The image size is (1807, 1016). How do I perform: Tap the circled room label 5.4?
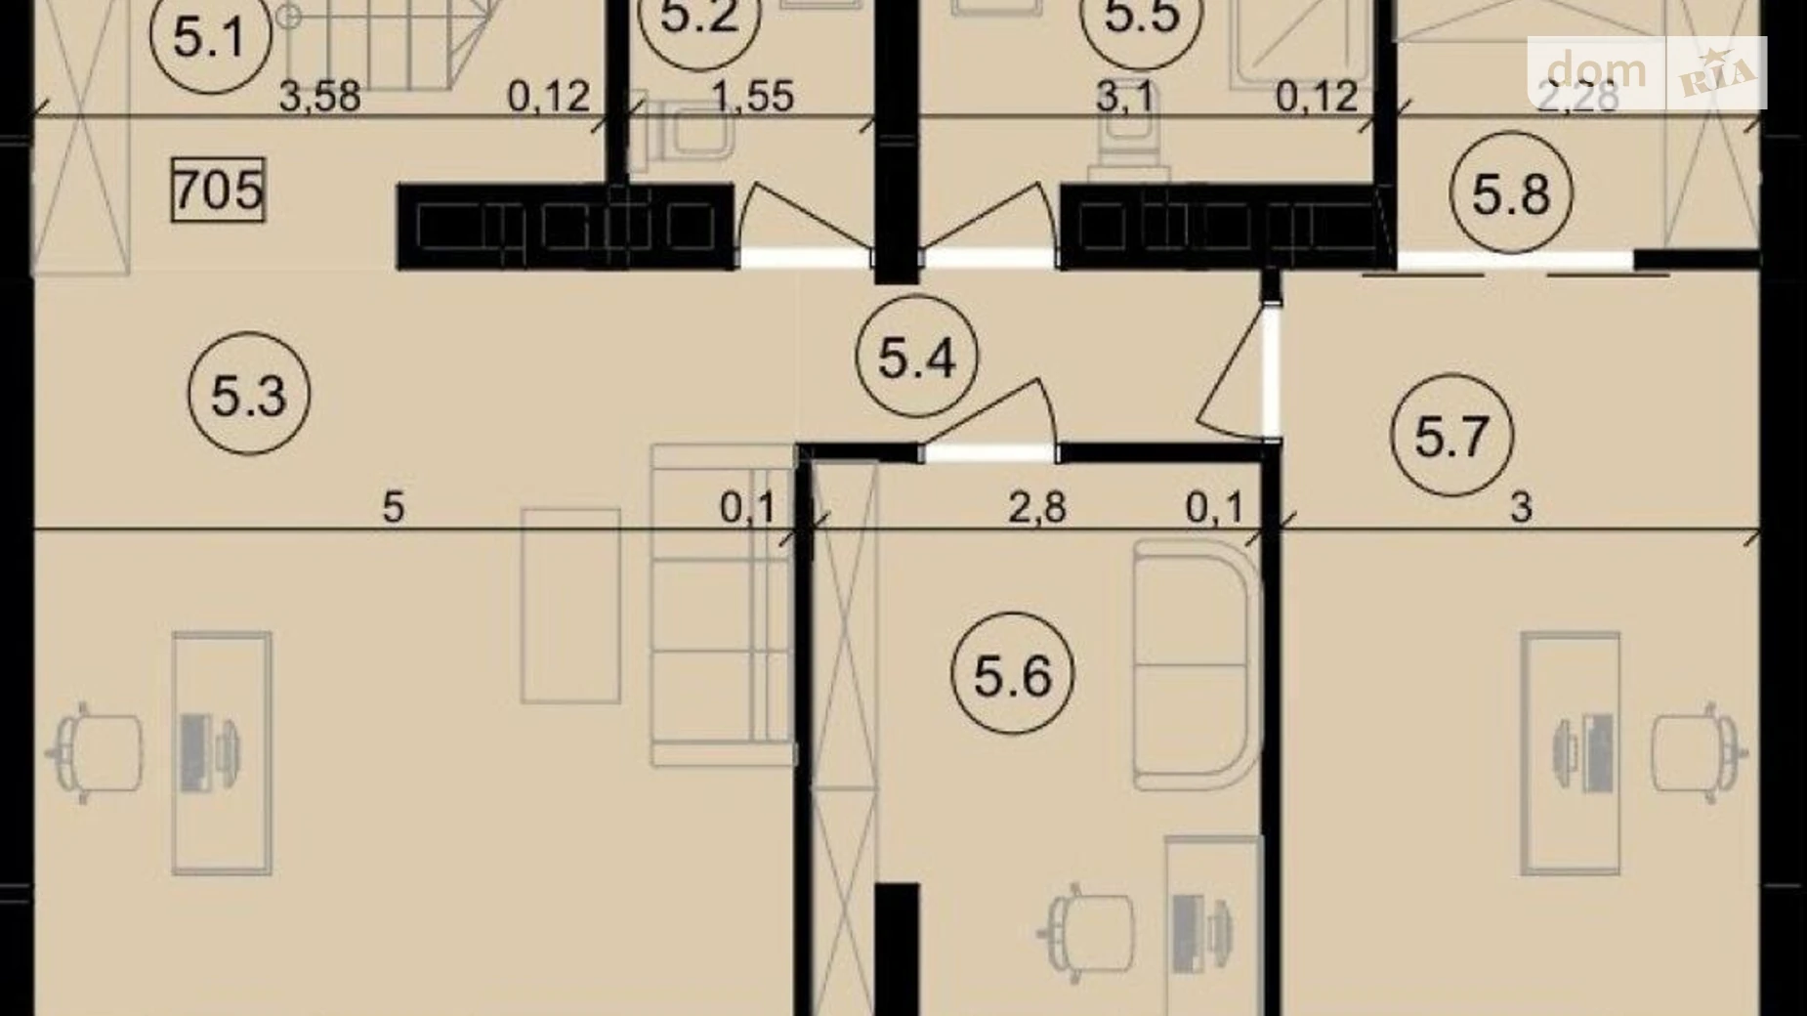[915, 358]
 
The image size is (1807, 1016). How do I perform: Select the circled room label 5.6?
[1012, 675]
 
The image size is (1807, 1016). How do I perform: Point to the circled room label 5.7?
[1451, 435]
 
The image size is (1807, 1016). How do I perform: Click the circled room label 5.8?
[1510, 192]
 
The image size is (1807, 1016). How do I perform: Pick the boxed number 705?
[218, 190]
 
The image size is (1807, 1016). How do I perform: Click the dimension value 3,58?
[319, 96]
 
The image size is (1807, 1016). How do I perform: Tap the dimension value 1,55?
[752, 96]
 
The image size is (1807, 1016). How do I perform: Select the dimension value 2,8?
[1037, 508]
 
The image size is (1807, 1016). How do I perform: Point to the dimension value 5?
[393, 507]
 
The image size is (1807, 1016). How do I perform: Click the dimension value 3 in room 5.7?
[1521, 508]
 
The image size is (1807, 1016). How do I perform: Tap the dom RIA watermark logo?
[1647, 71]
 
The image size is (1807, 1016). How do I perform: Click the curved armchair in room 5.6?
[1197, 664]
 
